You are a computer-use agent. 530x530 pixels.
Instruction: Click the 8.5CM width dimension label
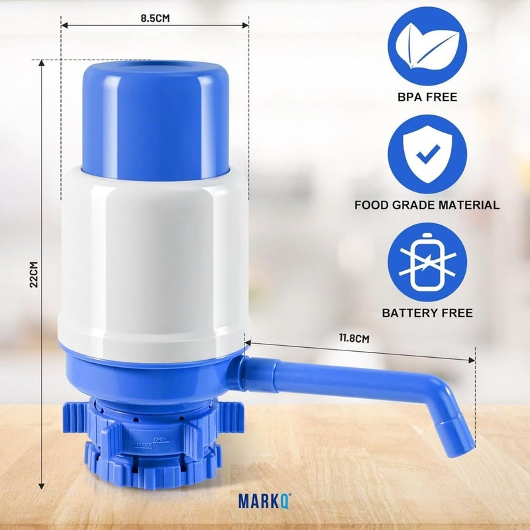[155, 19]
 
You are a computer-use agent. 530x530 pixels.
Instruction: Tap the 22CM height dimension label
[33, 275]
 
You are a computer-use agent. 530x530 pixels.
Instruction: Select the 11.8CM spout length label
[354, 338]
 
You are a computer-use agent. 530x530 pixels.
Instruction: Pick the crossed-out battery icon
[426, 262]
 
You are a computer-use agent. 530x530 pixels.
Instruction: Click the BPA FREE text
[427, 97]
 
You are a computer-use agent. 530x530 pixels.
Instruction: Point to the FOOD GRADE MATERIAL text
[427, 205]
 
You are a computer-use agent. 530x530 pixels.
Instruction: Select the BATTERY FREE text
[427, 313]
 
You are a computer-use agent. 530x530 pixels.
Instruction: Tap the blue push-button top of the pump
[156, 119]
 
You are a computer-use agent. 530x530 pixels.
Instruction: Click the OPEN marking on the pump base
[160, 439]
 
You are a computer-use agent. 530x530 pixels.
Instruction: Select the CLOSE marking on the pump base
[144, 445]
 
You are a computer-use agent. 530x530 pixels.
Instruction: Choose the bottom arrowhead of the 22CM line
[42, 487]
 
